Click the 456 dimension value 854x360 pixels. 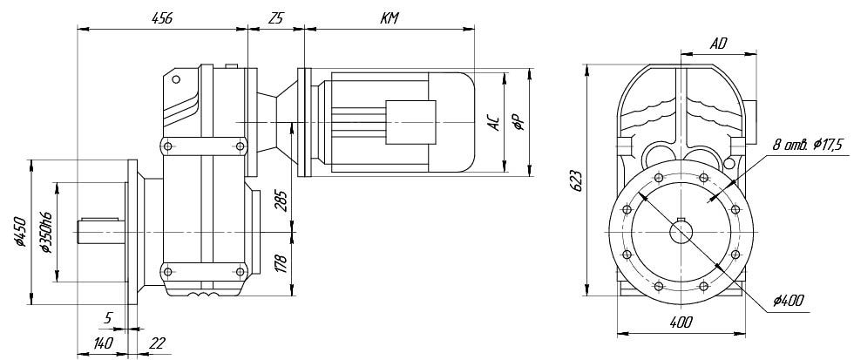click(x=162, y=18)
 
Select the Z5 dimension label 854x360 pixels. click(x=275, y=18)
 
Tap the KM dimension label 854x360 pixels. click(x=390, y=18)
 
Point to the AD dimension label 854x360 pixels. click(x=719, y=44)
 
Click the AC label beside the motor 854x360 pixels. click(x=493, y=123)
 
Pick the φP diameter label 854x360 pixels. click(x=519, y=123)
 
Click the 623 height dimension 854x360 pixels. click(x=578, y=181)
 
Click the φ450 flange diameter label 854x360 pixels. click(x=20, y=232)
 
